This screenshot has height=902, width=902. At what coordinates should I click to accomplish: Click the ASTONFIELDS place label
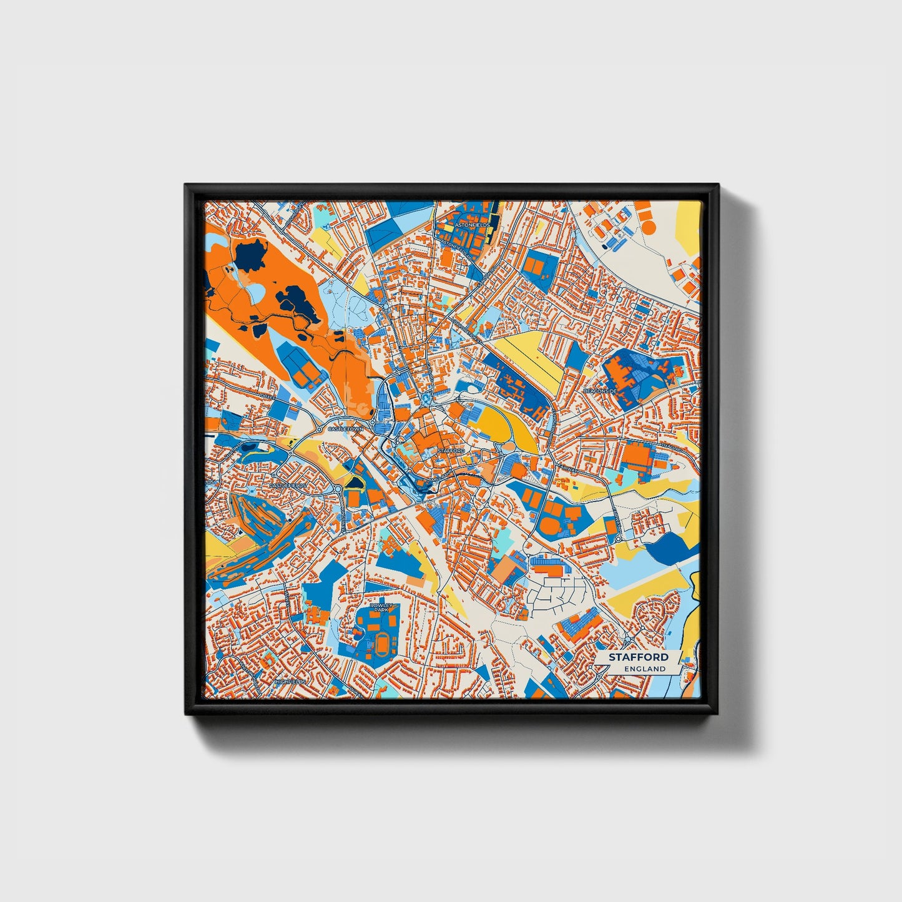coord(473,223)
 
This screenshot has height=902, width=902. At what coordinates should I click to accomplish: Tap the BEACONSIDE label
coord(599,391)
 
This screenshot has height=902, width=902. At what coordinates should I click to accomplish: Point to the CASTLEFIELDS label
coord(288,485)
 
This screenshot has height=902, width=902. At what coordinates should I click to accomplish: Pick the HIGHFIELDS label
coord(290,682)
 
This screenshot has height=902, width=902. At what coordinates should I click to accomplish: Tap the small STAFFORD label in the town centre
coord(451,450)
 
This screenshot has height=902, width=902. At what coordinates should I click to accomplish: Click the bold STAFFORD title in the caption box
coord(639,657)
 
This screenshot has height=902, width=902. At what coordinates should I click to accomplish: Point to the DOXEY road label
coord(267,396)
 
